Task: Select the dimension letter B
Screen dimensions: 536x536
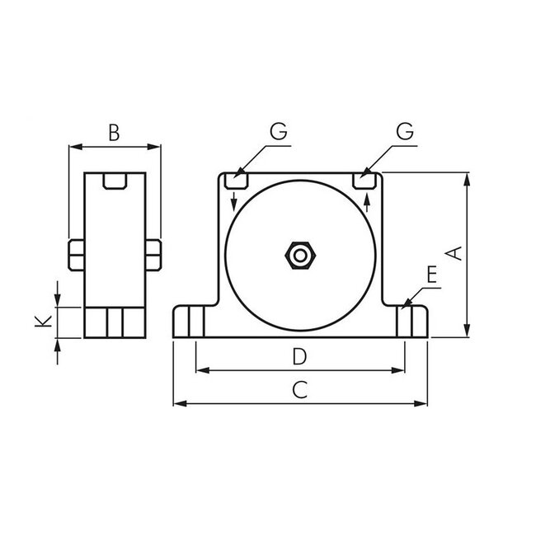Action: click(115, 131)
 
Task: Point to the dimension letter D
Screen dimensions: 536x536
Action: click(300, 356)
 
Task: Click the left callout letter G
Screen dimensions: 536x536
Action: click(278, 132)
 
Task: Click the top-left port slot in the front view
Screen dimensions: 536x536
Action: click(237, 179)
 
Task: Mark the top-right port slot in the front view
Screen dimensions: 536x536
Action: click(364, 179)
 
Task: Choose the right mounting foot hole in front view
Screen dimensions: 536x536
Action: click(406, 320)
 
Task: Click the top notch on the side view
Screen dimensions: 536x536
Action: click(115, 181)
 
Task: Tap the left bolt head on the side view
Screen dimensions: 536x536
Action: click(74, 254)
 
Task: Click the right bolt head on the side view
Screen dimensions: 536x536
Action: click(154, 254)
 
